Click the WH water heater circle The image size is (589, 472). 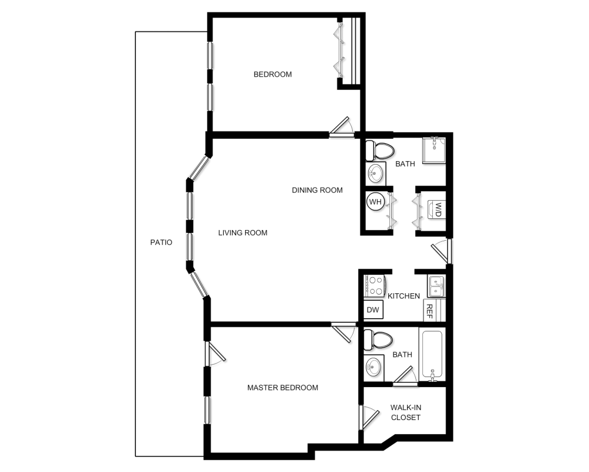375,202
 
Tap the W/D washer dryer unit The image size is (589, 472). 437,209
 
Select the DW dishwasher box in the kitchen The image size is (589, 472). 373,310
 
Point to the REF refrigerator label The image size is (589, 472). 429,311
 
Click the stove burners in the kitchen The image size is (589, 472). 375,286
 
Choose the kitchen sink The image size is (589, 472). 436,286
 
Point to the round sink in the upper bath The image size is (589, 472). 375,173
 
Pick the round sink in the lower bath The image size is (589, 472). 373,368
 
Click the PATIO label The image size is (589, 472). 160,242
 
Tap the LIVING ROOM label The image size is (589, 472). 243,233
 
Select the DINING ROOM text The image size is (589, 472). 317,190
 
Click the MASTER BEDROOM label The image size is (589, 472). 283,388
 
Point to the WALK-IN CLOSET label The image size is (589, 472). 406,412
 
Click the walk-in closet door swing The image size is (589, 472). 368,417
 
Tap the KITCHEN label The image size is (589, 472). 403,296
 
